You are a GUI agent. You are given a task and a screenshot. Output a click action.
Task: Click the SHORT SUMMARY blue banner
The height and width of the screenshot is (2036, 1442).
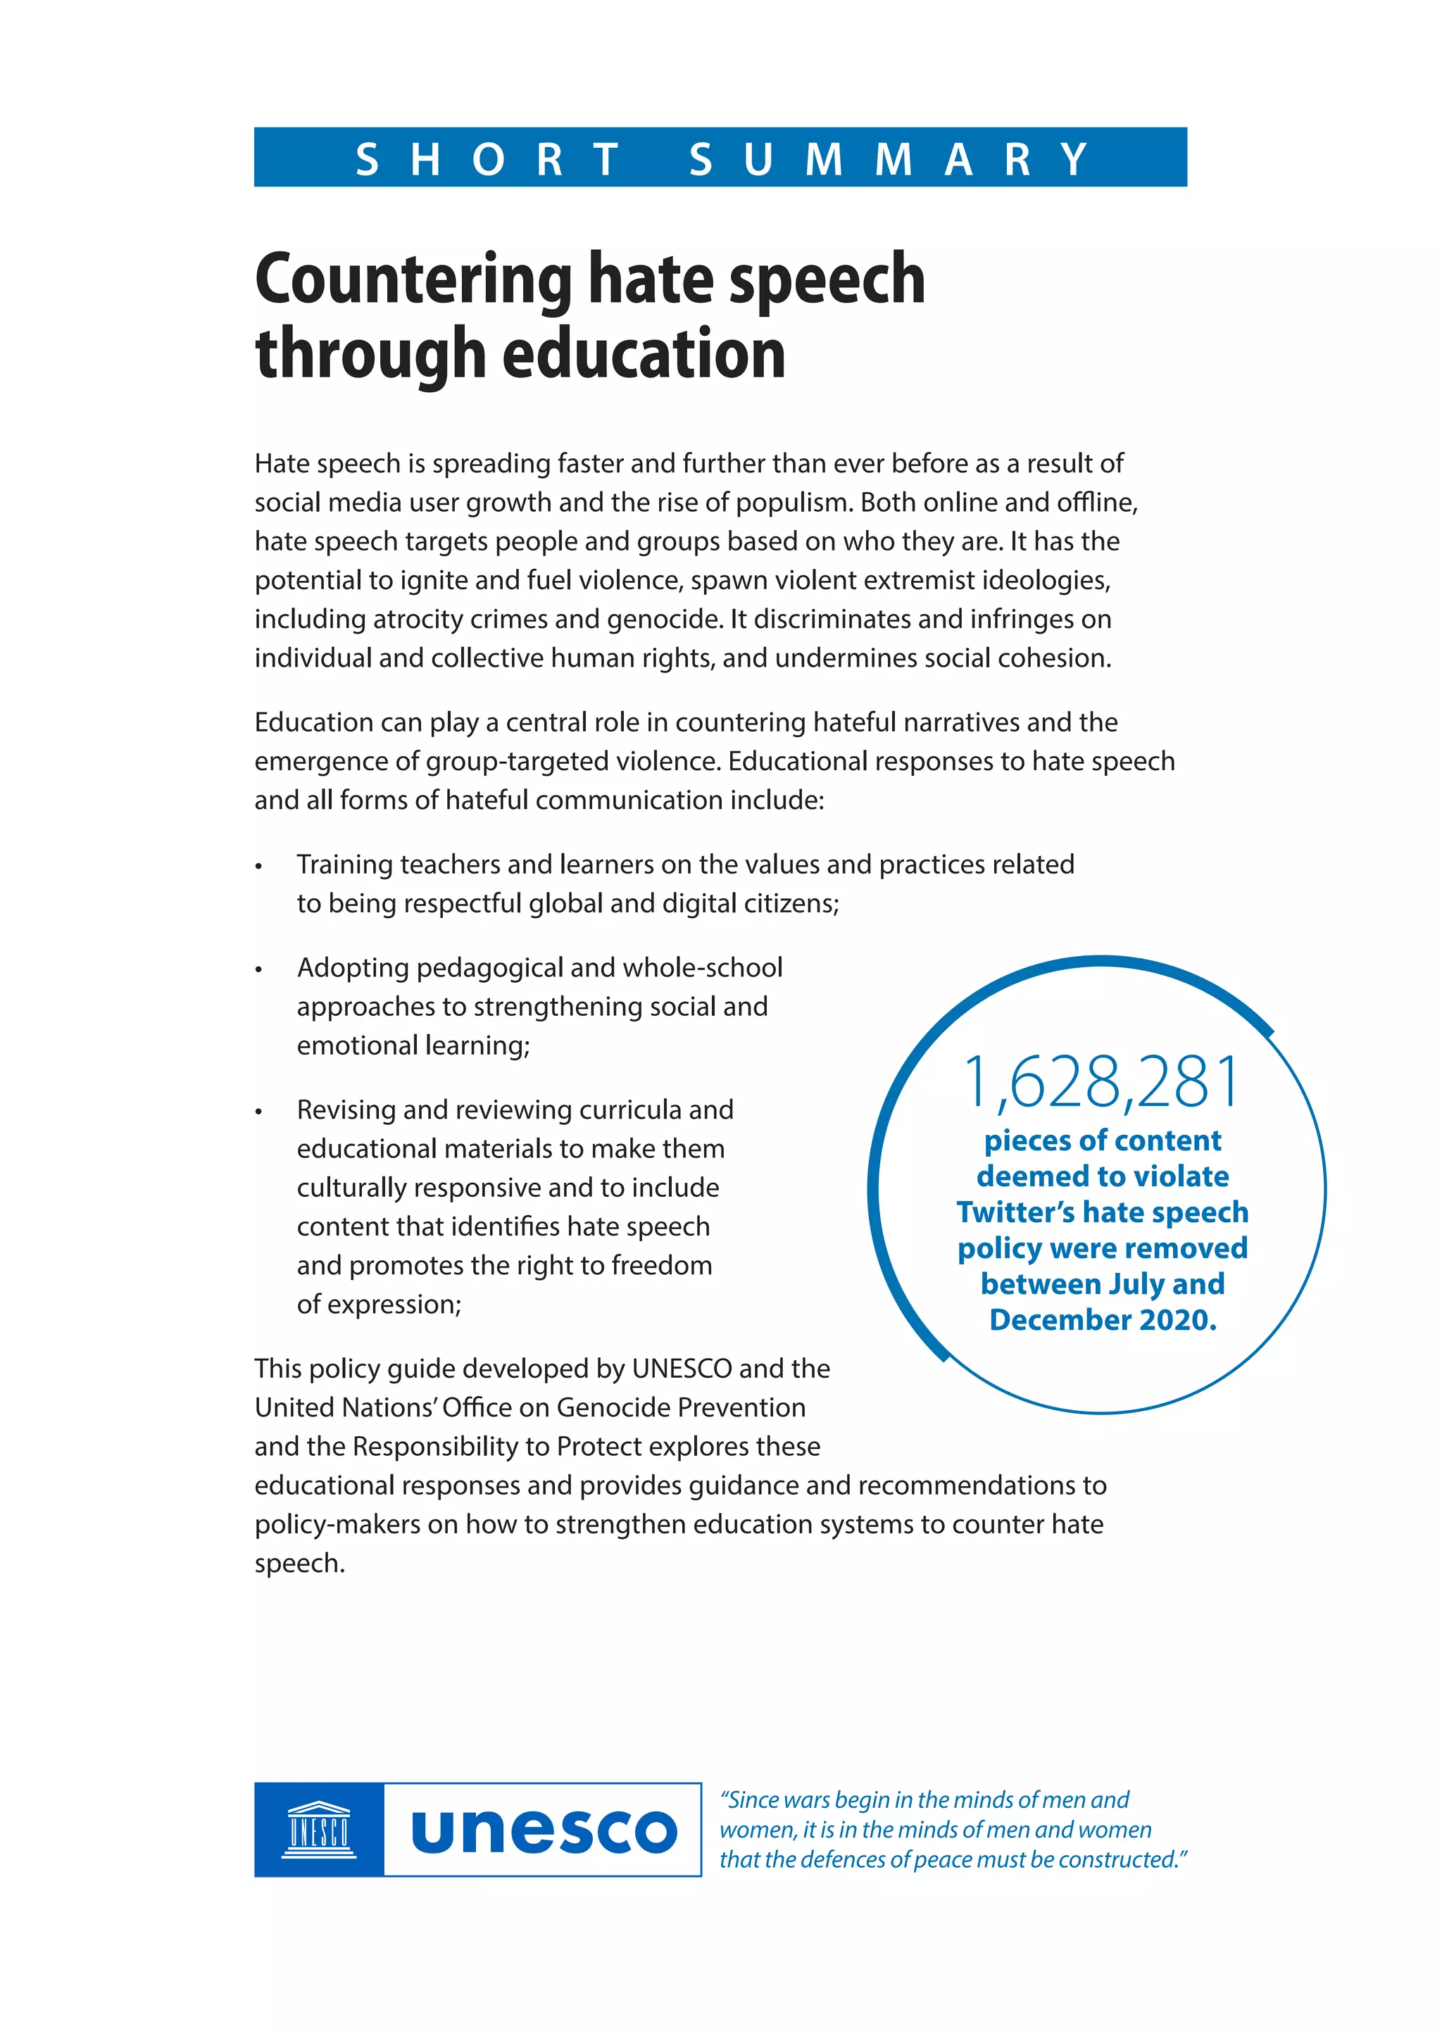pyautogui.click(x=720, y=157)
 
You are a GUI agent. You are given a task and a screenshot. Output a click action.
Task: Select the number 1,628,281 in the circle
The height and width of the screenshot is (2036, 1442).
pyautogui.click(x=1102, y=1081)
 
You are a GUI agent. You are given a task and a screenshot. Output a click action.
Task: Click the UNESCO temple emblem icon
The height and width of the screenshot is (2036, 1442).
pyautogui.click(x=319, y=1829)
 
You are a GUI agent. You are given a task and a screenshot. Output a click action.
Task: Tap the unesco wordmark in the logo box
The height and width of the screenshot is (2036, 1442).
pyautogui.click(x=544, y=1831)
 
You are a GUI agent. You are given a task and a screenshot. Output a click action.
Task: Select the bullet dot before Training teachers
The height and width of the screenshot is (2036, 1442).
pyautogui.click(x=258, y=867)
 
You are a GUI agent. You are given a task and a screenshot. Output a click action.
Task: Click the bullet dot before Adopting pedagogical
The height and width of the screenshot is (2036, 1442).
pyautogui.click(x=258, y=969)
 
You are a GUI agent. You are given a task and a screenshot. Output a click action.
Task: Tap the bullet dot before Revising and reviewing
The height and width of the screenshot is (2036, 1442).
pyautogui.click(x=258, y=1112)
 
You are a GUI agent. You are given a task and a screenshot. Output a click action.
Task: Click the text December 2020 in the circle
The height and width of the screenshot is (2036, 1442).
pyautogui.click(x=1102, y=1320)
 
